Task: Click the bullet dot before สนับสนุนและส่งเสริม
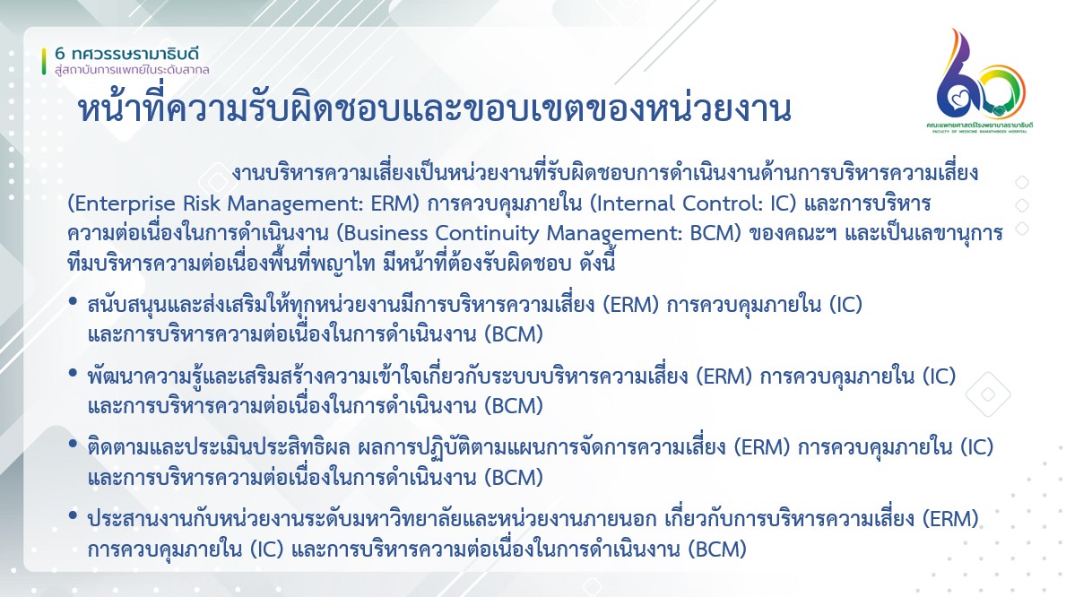[73, 300]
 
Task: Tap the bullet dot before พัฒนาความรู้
[73, 373]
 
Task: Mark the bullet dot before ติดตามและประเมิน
[73, 444]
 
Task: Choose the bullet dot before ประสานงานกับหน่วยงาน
[73, 515]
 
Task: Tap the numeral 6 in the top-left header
[60, 54]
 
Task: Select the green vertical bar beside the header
[44, 61]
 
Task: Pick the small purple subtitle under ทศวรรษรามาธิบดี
[132, 69]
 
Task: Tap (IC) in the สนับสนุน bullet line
[845, 304]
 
